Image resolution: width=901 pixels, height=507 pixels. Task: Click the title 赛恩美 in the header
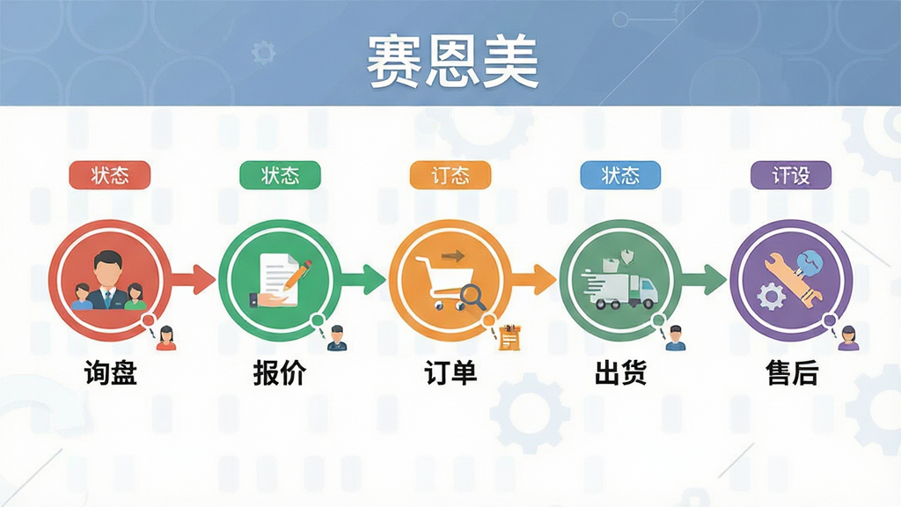(x=453, y=62)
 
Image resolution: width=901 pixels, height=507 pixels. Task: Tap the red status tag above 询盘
(x=110, y=175)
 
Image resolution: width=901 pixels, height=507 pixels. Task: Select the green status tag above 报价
(x=280, y=175)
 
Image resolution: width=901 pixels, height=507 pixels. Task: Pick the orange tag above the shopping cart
(x=450, y=175)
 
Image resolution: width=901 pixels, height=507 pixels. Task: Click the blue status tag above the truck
(x=620, y=175)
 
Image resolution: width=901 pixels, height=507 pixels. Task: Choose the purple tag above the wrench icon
(x=791, y=175)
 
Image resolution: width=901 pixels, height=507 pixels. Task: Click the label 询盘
(x=110, y=372)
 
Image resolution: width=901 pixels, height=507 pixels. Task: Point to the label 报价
(x=280, y=372)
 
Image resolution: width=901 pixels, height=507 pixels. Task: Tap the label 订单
(x=450, y=372)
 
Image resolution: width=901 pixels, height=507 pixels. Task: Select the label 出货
(x=620, y=372)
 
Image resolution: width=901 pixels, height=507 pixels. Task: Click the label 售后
(x=792, y=372)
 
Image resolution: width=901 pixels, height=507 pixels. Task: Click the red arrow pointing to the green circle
(x=193, y=280)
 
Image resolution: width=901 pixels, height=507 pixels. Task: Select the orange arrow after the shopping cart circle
(x=533, y=280)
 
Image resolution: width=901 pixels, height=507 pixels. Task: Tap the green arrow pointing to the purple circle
(x=703, y=280)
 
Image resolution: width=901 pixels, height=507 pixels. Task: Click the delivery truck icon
(x=619, y=289)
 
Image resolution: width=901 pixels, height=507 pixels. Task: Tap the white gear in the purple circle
(x=771, y=297)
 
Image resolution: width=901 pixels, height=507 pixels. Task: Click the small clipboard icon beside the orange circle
(x=509, y=337)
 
